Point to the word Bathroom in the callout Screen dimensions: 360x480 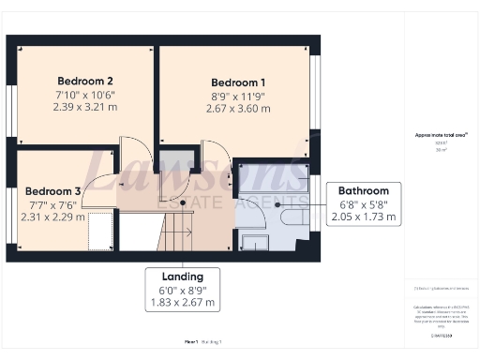tap(365, 188)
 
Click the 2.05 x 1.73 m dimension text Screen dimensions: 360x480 tap(365, 217)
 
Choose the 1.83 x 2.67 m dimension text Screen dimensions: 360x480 tap(183, 303)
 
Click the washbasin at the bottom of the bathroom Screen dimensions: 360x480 tap(254, 242)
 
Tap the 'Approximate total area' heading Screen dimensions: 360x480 tap(442, 135)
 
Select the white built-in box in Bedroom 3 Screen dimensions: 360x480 tap(101, 230)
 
